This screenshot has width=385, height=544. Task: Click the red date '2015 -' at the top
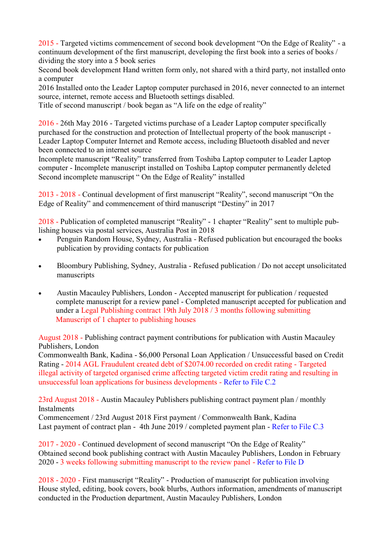(x=48, y=43)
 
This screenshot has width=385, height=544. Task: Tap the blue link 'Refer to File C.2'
(x=249, y=382)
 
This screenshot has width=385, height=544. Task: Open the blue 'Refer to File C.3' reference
(x=298, y=427)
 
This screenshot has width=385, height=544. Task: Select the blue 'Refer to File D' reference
(x=280, y=462)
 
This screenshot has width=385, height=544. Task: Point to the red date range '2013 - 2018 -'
(x=60, y=194)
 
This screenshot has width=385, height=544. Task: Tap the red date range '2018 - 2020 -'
(x=60, y=480)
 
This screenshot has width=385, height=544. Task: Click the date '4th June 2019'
(x=163, y=427)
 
